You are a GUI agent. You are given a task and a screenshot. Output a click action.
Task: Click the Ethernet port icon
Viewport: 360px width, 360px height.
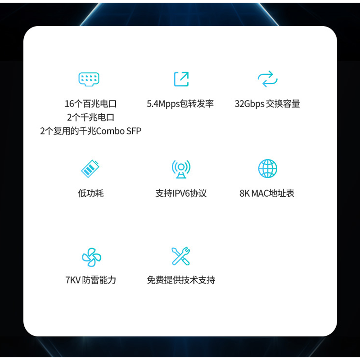[x=89, y=79]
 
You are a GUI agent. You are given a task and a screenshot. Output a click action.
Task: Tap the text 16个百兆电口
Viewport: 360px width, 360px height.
[x=90, y=104]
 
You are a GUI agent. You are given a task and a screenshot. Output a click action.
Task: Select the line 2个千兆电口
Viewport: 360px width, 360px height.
[x=90, y=117]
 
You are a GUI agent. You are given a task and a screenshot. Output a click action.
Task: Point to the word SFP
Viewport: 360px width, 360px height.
[x=134, y=131]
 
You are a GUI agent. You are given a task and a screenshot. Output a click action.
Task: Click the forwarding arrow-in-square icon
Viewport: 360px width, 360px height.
[x=181, y=79]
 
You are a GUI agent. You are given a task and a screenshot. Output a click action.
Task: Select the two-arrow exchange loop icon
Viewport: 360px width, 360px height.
[x=267, y=79]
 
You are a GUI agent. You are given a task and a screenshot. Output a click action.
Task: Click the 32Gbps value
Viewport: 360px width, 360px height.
[x=249, y=104]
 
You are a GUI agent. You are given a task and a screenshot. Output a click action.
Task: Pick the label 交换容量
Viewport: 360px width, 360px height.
[x=283, y=104]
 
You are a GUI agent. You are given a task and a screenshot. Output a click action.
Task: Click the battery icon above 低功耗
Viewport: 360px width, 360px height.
[x=90, y=169]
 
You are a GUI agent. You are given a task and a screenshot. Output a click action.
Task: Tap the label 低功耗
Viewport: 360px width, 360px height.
[x=90, y=193]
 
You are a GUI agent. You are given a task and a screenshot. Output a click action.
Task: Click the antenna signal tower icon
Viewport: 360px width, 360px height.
[x=181, y=169]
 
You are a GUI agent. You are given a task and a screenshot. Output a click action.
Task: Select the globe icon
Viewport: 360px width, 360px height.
[x=267, y=169]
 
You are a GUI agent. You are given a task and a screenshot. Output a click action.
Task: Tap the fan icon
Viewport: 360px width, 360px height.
[x=91, y=257]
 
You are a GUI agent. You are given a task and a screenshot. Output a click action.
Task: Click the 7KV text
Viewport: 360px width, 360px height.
[x=72, y=280]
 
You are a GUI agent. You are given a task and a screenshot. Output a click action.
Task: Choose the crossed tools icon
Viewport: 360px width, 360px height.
[x=181, y=256]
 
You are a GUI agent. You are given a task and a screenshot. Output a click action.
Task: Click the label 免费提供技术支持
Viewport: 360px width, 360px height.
[x=181, y=280]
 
